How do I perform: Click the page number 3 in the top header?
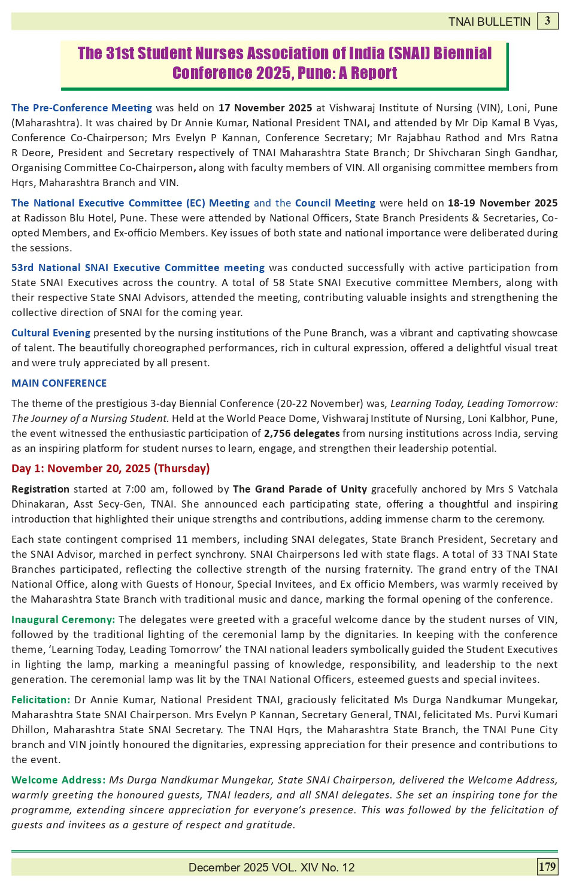pos(547,21)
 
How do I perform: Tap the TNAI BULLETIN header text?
pos(489,22)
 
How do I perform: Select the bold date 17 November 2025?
pos(265,108)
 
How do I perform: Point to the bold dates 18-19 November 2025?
pos(502,203)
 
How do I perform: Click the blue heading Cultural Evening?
pos(51,333)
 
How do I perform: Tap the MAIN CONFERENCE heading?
pos(59,383)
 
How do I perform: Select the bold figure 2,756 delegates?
pos(302,433)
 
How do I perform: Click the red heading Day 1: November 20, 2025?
pos(111,469)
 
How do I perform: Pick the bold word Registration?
pos(40,489)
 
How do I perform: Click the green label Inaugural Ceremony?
pos(63,619)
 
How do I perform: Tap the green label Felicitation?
pos(41,700)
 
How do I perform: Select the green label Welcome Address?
pos(58,780)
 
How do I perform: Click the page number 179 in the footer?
pos(547,867)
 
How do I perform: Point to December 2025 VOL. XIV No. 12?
pos(271,868)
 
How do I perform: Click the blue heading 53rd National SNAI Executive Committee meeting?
pos(138,268)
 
